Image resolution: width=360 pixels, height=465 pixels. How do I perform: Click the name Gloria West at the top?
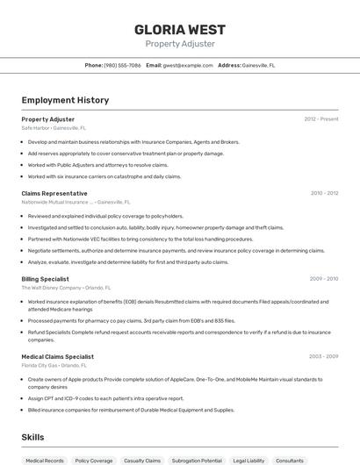179,29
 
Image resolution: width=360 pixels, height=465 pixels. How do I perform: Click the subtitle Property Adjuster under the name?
179,44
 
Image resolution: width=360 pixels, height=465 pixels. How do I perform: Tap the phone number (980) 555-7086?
122,65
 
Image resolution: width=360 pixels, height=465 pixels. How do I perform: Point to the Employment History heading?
65,100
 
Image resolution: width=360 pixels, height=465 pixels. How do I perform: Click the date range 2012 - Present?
320,118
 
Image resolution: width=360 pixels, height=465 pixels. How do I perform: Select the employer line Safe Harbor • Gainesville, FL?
54,127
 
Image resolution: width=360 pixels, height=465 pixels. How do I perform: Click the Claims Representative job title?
54,193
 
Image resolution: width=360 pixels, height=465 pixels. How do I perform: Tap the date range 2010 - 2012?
324,193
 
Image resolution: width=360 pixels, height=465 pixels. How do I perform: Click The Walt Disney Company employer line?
66,288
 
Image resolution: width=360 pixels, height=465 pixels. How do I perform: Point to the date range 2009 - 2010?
324,279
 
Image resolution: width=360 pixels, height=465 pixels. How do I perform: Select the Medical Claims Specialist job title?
58,356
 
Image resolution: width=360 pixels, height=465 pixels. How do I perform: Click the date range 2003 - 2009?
324,356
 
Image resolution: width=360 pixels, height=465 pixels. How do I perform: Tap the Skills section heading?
32,437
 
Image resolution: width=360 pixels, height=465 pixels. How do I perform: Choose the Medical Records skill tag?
45,461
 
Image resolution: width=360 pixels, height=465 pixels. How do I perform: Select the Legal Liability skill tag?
248,461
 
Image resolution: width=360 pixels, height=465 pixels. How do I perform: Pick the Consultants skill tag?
290,461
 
